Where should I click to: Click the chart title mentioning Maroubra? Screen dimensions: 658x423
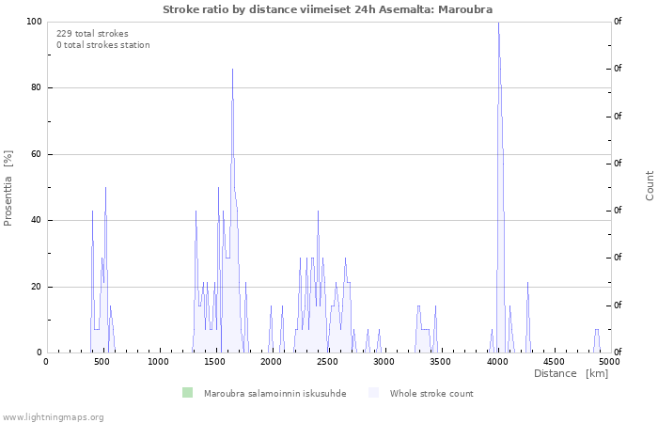[327, 9]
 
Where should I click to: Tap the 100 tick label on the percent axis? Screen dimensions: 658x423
[34, 22]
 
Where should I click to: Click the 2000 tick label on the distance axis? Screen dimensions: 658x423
[271, 362]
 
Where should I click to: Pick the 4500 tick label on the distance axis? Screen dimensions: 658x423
[554, 362]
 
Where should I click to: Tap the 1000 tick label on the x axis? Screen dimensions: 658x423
[158, 362]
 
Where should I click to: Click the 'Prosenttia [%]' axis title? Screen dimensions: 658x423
[8, 188]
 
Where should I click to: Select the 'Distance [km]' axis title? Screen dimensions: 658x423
[571, 373]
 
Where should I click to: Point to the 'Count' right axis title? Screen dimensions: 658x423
[650, 185]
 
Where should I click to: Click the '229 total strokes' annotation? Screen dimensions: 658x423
[92, 34]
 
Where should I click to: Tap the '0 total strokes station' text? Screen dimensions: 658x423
[103, 45]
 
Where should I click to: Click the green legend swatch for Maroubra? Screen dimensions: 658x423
[187, 393]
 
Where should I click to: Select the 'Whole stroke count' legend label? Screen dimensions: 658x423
[431, 394]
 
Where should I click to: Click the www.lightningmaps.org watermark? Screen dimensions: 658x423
[53, 417]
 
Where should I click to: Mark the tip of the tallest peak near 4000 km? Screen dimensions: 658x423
[498, 23]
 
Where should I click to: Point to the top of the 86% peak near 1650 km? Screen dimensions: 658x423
[232, 70]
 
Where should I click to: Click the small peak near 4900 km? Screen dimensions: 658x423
[597, 330]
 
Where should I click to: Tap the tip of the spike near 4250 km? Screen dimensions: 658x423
[528, 282]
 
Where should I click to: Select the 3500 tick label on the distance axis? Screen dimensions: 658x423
[441, 362]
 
